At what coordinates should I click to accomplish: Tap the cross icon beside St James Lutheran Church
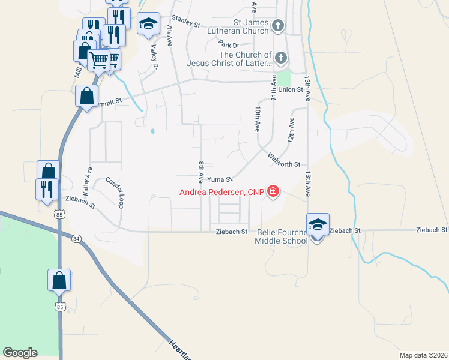point(277,25)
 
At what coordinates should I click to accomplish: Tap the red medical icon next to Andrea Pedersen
point(273,192)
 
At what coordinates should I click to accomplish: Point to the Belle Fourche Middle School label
point(281,236)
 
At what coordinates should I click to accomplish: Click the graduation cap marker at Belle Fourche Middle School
point(318,224)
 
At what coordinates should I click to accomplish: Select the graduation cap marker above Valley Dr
point(148,24)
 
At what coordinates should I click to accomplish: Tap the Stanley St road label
point(185,23)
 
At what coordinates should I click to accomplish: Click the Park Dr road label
point(229,44)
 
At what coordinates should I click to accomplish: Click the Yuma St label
point(220,179)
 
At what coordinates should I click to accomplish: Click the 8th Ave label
point(201,172)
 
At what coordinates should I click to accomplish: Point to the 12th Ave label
point(291,129)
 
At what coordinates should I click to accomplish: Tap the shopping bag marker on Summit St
point(87,96)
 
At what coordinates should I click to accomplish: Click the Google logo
point(20,352)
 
